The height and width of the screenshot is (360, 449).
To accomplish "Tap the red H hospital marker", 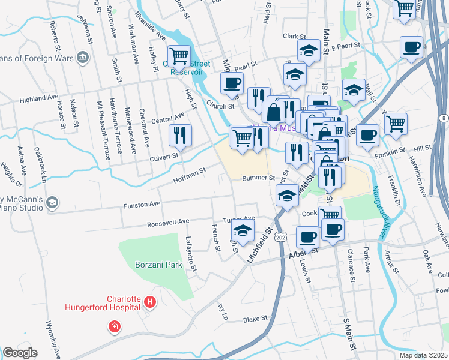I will (149, 304).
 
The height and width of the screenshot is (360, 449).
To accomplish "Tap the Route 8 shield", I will (442, 119).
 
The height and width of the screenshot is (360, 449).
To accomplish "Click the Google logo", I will (20, 353).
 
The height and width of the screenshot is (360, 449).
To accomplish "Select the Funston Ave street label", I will (142, 205).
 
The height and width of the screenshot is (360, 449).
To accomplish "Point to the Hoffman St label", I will (190, 175).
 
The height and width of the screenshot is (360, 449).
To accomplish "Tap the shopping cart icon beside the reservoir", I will (179, 57).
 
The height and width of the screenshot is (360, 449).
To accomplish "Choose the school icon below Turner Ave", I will (243, 231).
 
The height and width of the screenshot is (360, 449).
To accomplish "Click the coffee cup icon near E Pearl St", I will (412, 47).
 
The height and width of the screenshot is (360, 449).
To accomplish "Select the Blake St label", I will (255, 320).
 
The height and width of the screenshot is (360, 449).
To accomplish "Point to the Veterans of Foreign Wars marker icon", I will (83, 58).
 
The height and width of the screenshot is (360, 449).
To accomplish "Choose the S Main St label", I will (348, 336).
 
